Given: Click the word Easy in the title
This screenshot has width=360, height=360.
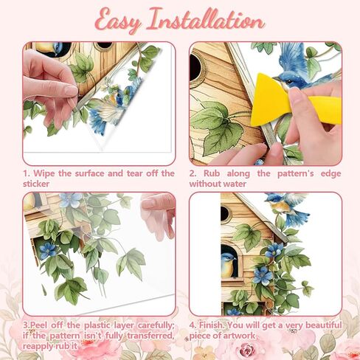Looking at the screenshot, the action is click(118, 21).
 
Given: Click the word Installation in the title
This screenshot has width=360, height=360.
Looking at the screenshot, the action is click(207, 19).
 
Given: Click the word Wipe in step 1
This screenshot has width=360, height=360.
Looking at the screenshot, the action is click(44, 173).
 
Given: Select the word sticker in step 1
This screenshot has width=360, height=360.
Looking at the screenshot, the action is click(36, 184).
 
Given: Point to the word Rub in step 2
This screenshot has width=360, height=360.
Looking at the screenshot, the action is click(212, 173).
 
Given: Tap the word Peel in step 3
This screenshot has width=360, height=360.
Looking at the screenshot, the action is click(38, 325).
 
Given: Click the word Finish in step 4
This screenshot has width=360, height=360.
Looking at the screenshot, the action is click(211, 325).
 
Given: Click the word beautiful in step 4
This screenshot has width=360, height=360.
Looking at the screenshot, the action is click(324, 325).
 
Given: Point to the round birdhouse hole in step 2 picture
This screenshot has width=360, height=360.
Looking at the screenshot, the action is click(196, 67).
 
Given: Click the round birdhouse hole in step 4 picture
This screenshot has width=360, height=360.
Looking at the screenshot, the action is click(225, 214).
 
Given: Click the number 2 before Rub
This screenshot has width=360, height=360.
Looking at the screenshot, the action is click(192, 173).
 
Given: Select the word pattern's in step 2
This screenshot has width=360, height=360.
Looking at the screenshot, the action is click(296, 173).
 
